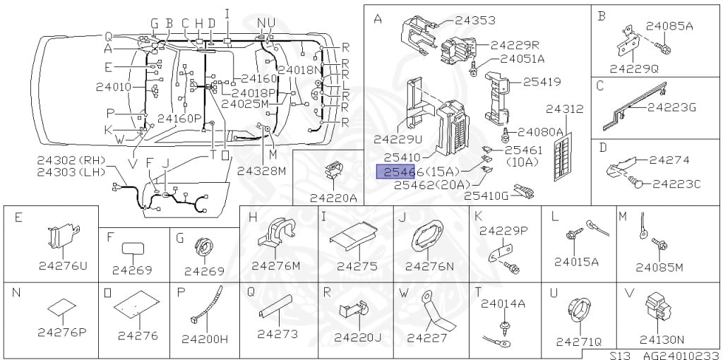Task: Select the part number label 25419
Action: [x=542, y=82]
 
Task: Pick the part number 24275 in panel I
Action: [x=357, y=266]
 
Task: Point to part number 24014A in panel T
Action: [x=503, y=304]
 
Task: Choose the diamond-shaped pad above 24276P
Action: [x=61, y=307]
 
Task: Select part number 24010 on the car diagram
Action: [x=113, y=87]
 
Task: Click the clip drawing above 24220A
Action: [x=333, y=172]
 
